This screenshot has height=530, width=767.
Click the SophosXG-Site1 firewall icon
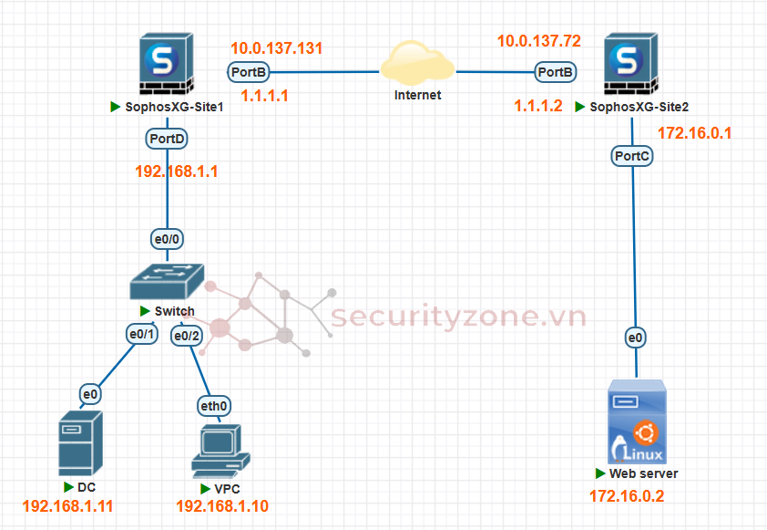pos(166,64)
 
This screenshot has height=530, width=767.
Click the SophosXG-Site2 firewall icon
pos(626,64)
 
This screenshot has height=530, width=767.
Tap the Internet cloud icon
pos(418,64)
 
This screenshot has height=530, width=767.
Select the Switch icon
pos(167,284)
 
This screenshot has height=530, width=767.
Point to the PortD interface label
pos(167,138)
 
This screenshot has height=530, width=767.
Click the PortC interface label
pos(632,156)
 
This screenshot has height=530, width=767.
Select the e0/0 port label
pos(167,239)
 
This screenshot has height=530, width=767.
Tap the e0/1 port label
pos(143,335)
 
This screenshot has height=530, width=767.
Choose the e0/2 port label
pos(187,336)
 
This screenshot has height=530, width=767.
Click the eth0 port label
pos(215,404)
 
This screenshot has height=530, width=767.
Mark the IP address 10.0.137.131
pos(277,48)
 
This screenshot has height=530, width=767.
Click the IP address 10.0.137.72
pos(538,41)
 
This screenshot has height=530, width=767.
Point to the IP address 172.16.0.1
pos(694,133)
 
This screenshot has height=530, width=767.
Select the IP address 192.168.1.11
pos(67,505)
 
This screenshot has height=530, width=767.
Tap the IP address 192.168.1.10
pos(222,505)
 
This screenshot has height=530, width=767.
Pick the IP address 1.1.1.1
pos(264,95)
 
